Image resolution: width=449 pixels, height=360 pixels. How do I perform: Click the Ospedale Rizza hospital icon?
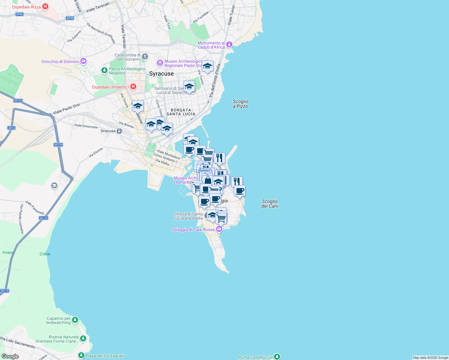click(45, 7)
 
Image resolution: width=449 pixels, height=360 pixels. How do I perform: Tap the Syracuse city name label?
click(161, 74)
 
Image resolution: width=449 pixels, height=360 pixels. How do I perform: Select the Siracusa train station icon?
click(119, 131)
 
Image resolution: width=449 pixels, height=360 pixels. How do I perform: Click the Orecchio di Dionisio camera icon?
click(83, 61)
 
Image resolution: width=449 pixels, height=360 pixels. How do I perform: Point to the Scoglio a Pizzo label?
click(240, 104)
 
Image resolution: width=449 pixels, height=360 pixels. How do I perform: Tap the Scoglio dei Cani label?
click(270, 204)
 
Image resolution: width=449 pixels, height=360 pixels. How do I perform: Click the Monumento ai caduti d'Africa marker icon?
click(229, 45)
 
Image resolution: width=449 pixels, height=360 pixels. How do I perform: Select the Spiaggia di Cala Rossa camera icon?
click(219, 229)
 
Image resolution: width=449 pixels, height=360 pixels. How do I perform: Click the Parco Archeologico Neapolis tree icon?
click(104, 70)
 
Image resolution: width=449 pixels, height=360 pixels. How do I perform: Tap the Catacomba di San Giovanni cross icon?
click(145, 57)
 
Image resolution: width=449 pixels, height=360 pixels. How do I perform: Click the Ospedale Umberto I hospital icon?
click(133, 87)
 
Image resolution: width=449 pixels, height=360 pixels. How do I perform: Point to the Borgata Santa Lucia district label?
click(181, 112)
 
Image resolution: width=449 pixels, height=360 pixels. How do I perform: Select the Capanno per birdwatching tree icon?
click(75, 320)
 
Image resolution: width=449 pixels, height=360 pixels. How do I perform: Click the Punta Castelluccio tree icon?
click(277, 357)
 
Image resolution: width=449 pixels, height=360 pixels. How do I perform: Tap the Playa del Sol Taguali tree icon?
click(81, 355)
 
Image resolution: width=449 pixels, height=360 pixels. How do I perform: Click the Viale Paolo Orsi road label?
click(66, 109)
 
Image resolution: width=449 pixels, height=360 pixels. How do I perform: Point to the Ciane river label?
click(45, 254)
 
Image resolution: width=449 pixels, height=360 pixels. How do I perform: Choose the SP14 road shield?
click(11, 128)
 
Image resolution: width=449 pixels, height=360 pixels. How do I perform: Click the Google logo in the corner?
click(10, 356)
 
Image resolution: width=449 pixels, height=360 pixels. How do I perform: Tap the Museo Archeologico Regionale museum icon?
click(160, 63)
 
